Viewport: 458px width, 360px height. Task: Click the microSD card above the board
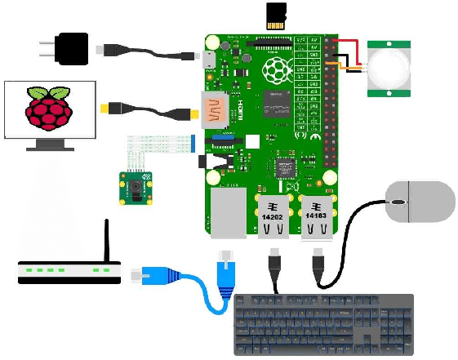(x=275, y=16)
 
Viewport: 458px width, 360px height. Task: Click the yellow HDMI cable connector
(x=109, y=108)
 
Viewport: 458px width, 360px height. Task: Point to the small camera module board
(x=135, y=189)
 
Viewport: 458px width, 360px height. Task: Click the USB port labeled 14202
(x=272, y=215)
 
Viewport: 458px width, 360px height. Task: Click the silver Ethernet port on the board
(x=226, y=215)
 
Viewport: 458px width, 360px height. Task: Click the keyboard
(x=323, y=323)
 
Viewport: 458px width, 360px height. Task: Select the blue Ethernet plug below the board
(x=225, y=267)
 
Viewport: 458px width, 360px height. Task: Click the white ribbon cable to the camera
(x=159, y=144)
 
